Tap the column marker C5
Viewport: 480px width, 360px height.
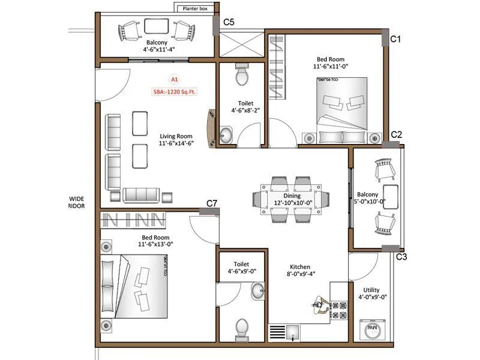[229, 22]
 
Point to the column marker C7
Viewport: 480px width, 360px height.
[212, 203]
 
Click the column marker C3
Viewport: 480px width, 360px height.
[401, 257]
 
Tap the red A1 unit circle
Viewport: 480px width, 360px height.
[175, 79]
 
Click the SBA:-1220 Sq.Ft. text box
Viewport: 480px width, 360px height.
[174, 92]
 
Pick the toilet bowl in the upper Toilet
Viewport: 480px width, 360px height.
[242, 76]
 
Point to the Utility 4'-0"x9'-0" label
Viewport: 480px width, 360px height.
[373, 293]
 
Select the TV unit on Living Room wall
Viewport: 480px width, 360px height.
[211, 127]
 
